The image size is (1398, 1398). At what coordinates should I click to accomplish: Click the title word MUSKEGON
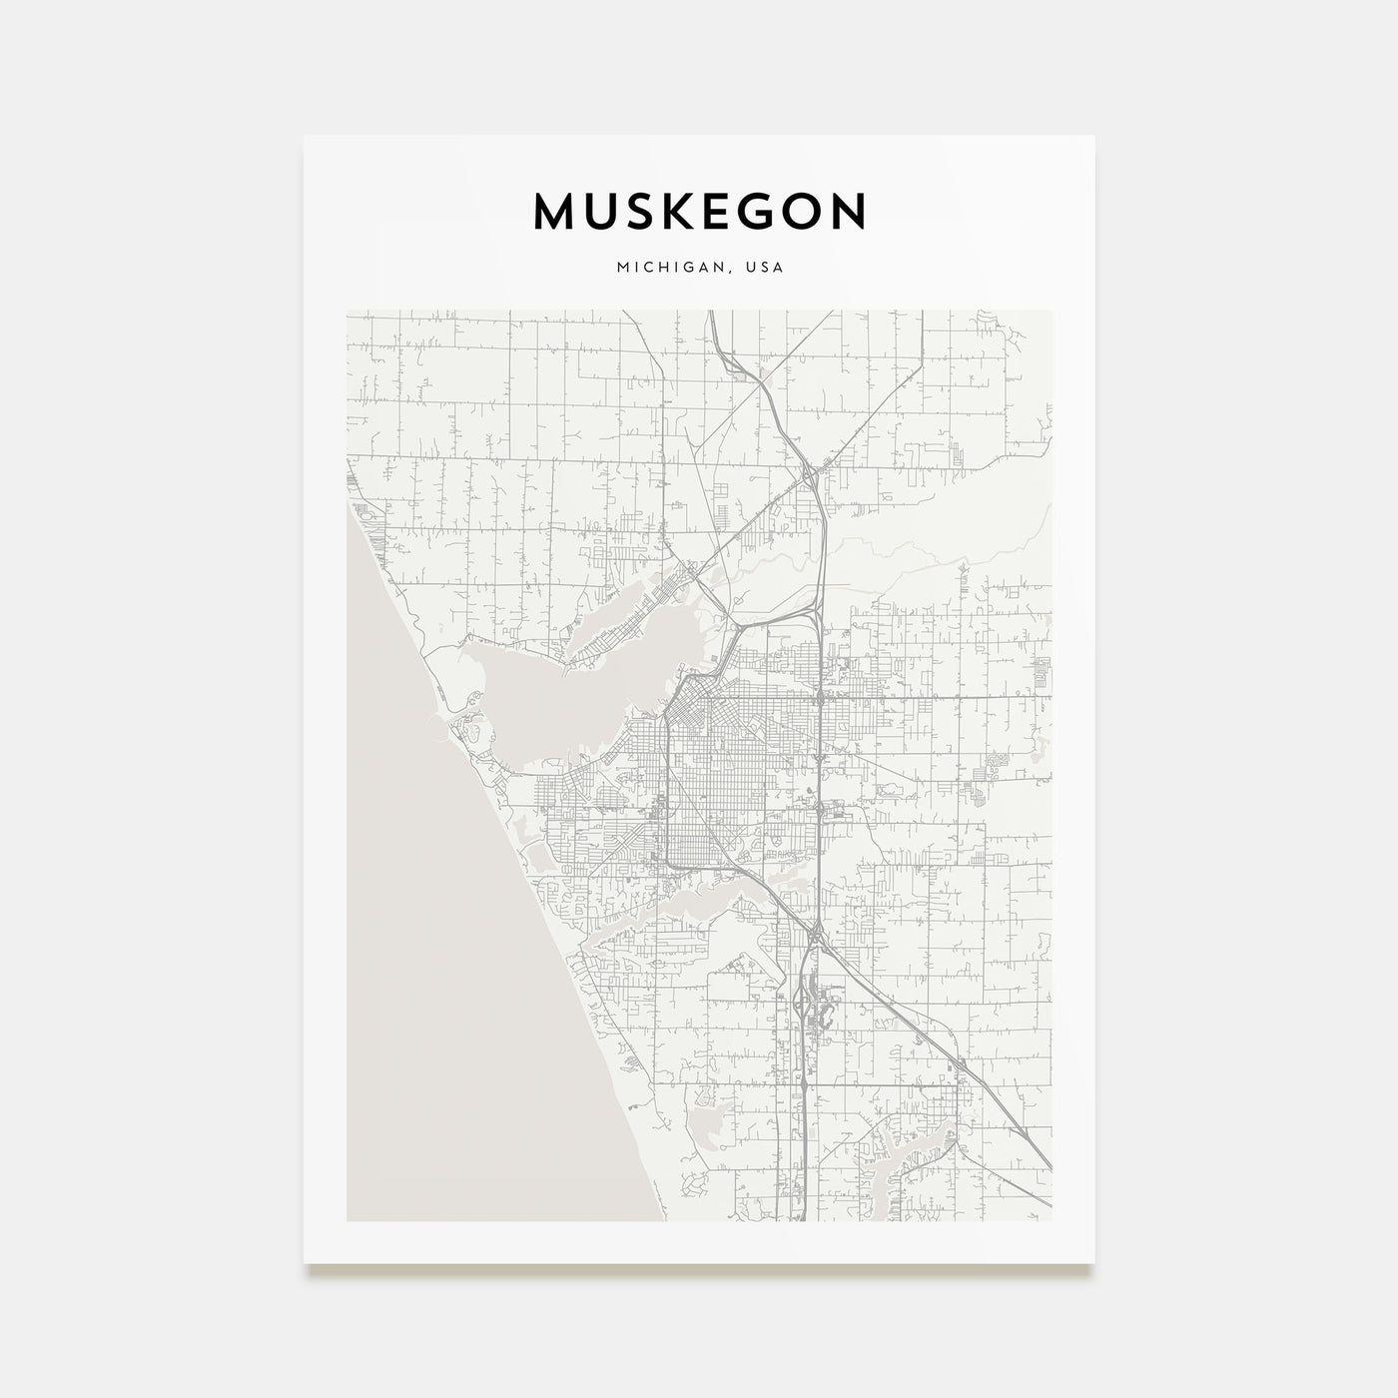(699, 212)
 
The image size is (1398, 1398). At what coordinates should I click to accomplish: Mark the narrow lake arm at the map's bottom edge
(889, 1178)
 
